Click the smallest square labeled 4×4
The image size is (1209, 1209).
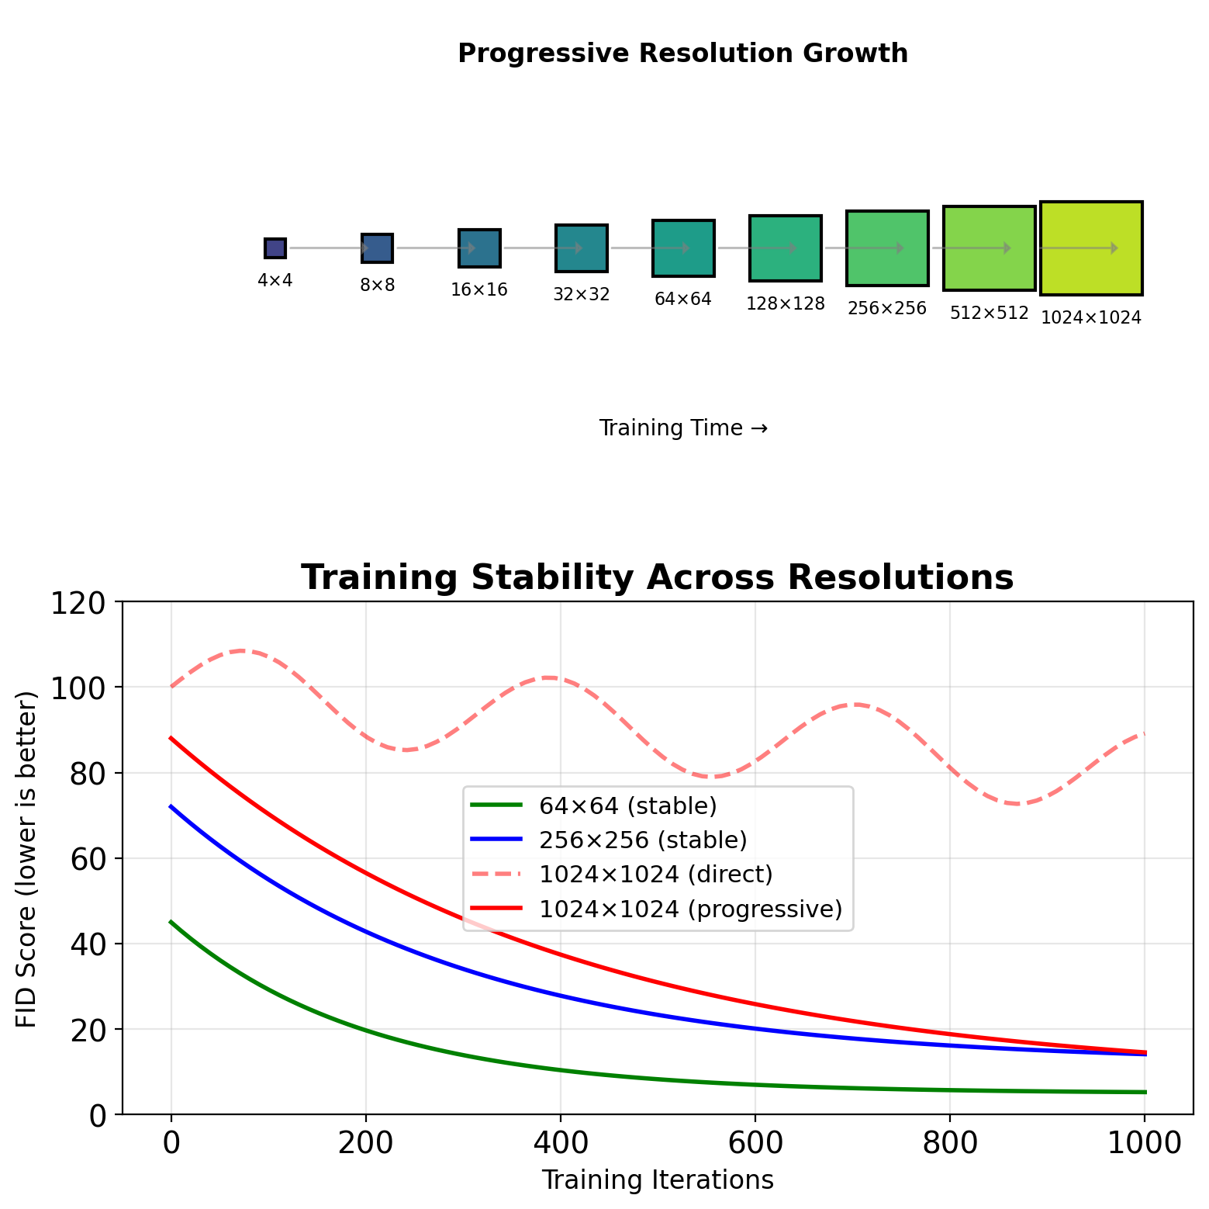click(x=275, y=248)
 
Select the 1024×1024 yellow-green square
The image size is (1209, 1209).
click(x=1091, y=248)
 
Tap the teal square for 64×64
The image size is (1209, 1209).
click(x=683, y=248)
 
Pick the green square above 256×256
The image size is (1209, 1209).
click(x=887, y=248)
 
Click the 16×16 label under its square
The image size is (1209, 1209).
click(x=479, y=290)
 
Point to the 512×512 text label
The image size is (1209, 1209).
click(x=989, y=314)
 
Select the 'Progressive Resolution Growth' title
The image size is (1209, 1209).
click(x=682, y=54)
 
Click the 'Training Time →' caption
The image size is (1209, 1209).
click(x=683, y=428)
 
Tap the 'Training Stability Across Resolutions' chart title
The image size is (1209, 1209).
click(x=657, y=578)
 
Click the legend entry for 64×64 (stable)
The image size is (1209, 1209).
click(x=627, y=806)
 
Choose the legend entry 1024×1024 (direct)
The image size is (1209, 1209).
click(x=655, y=875)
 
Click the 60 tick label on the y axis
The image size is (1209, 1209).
click(x=87, y=858)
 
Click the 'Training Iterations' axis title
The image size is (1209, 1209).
click(x=657, y=1180)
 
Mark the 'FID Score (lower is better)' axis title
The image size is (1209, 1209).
click(x=27, y=858)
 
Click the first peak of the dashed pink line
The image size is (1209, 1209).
click(x=242, y=650)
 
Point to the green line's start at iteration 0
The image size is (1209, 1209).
click(x=171, y=922)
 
